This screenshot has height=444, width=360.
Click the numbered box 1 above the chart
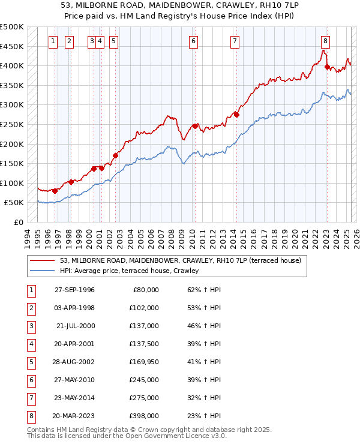pyautogui.click(x=53, y=41)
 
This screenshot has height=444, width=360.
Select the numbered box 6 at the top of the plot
pyautogui.click(x=194, y=41)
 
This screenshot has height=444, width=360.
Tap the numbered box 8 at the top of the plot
pyautogui.click(x=325, y=41)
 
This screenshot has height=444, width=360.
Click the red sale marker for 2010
pyautogui.click(x=194, y=126)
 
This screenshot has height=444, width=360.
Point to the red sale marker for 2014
pyautogui.click(x=236, y=115)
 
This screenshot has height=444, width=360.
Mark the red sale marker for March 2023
pyautogui.click(x=327, y=67)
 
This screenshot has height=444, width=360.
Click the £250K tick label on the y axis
pyautogui.click(x=12, y=124)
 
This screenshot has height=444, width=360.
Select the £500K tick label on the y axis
pyautogui.click(x=12, y=27)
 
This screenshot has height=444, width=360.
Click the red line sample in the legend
pyautogui.click(x=43, y=260)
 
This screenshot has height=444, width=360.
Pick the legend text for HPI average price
pyautogui.click(x=129, y=271)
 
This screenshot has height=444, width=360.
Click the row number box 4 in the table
pyautogui.click(x=30, y=344)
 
